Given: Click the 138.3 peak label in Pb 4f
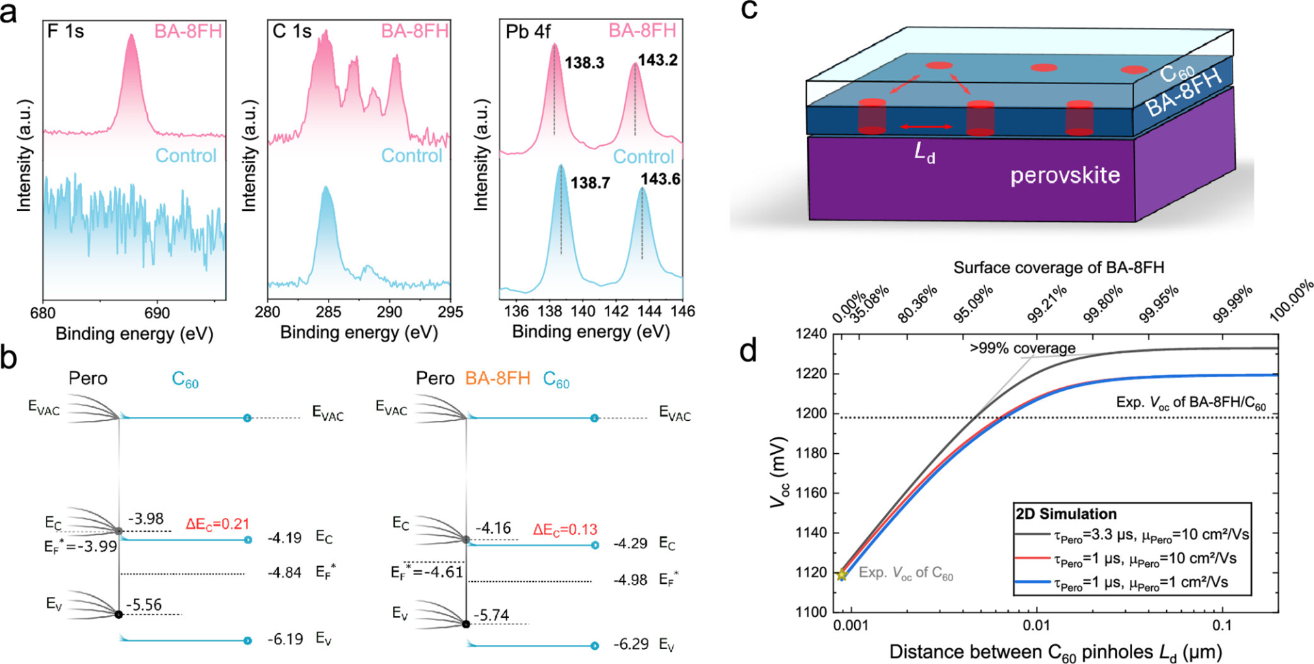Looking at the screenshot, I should [x=584, y=63].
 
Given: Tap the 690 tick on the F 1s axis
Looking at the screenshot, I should [x=157, y=313].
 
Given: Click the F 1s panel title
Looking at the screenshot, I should [x=66, y=31].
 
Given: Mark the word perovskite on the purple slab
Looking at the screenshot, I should [x=1065, y=176].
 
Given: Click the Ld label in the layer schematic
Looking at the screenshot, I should [x=925, y=153].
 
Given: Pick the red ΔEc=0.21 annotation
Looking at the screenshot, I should [x=218, y=524].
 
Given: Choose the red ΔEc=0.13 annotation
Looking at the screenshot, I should [x=565, y=530].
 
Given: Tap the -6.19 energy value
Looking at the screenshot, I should [x=285, y=639].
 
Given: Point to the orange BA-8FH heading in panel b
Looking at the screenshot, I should [x=498, y=379].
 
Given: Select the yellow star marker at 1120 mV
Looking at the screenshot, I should [x=842, y=575].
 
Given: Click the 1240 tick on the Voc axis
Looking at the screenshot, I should [x=812, y=334].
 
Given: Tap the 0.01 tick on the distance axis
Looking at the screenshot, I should [x=1036, y=626].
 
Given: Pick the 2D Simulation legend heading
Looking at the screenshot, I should [x=1066, y=514].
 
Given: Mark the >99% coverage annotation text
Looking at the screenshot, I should [x=1022, y=348].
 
